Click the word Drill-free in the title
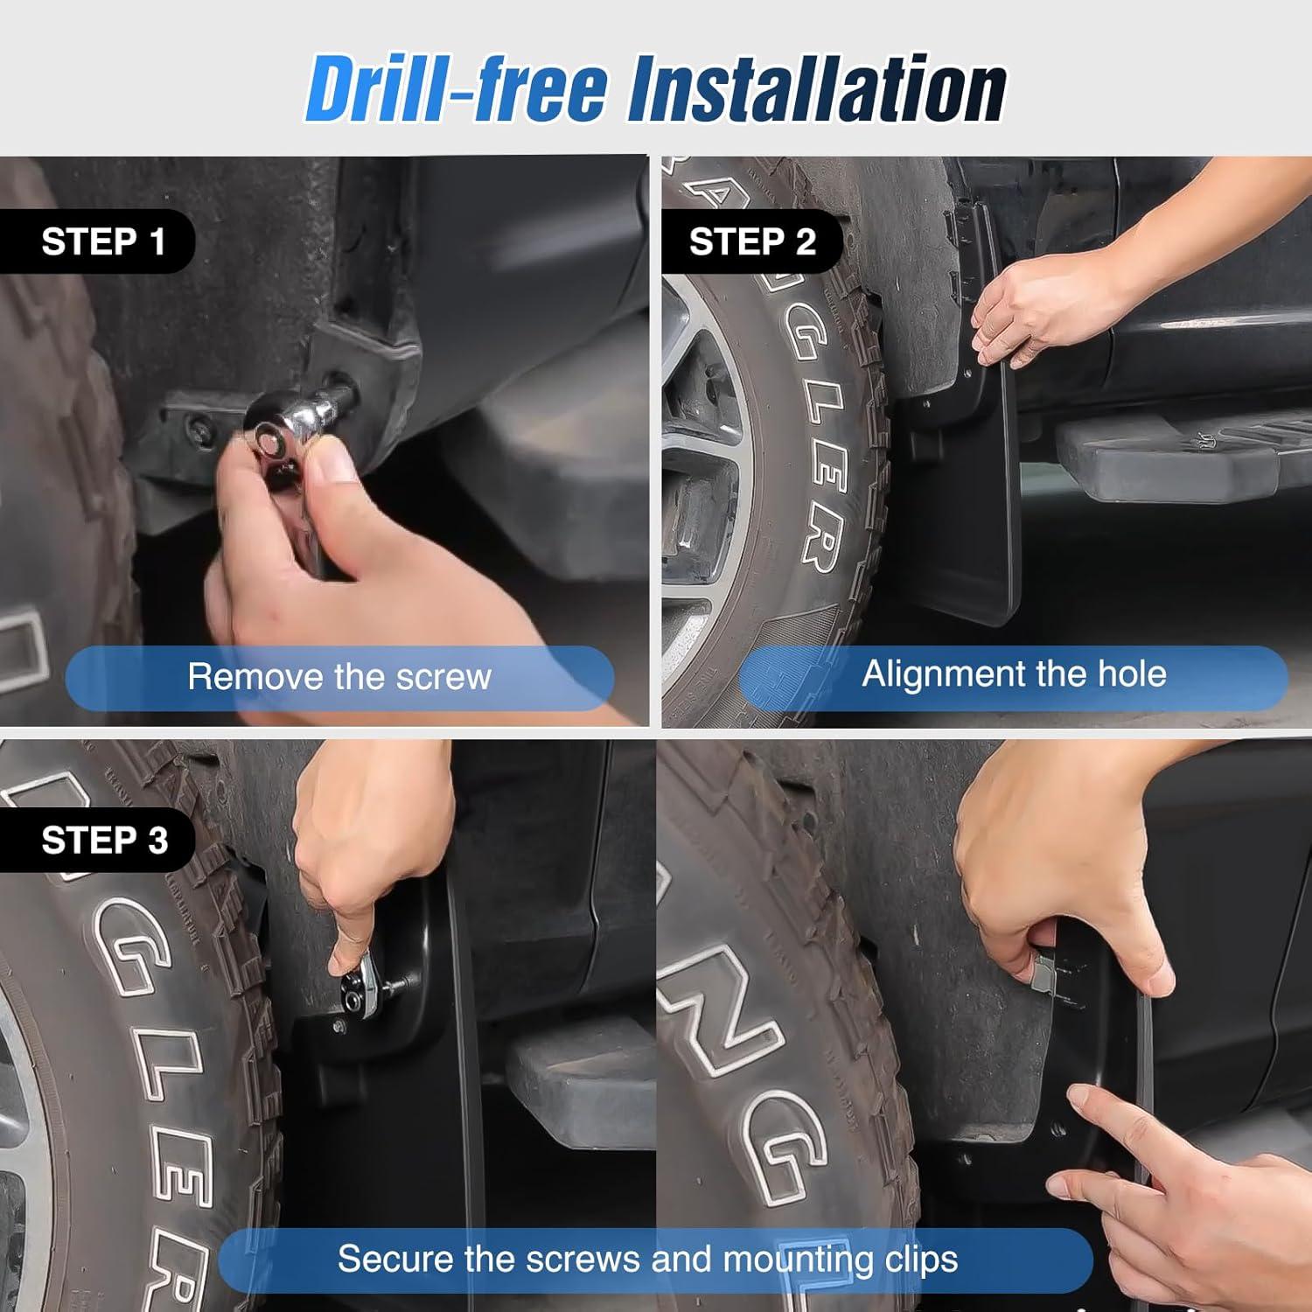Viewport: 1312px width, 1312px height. [455, 90]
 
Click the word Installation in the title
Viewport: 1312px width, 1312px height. [817, 90]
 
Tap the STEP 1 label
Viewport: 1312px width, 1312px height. [103, 241]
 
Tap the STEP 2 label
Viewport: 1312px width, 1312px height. [752, 241]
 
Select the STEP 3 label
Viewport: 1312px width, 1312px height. [104, 841]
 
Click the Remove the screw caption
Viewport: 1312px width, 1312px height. [339, 677]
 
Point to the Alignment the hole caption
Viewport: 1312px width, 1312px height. [1014, 674]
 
